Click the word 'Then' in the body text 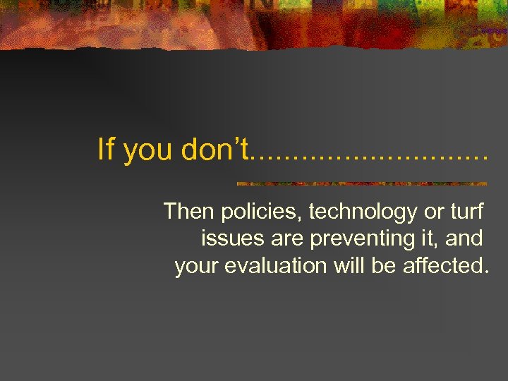point(190,211)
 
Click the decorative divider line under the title point(361,183)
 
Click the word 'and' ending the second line point(464,238)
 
